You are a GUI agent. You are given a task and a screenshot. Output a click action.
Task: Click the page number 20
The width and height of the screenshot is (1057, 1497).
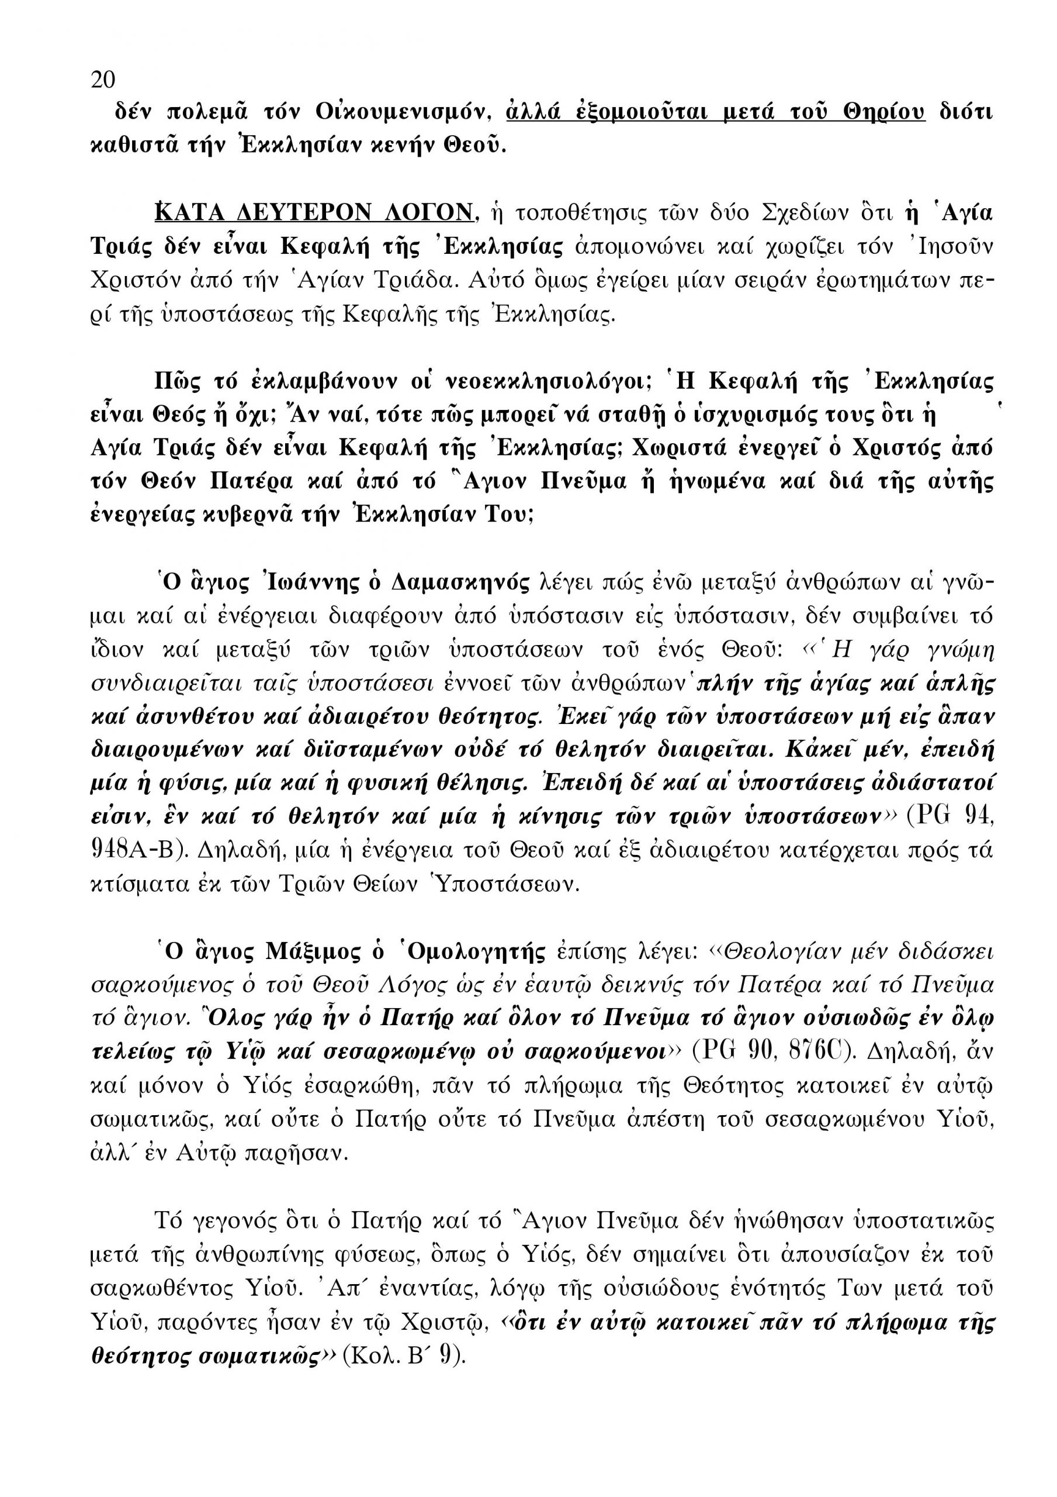click(x=102, y=80)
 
